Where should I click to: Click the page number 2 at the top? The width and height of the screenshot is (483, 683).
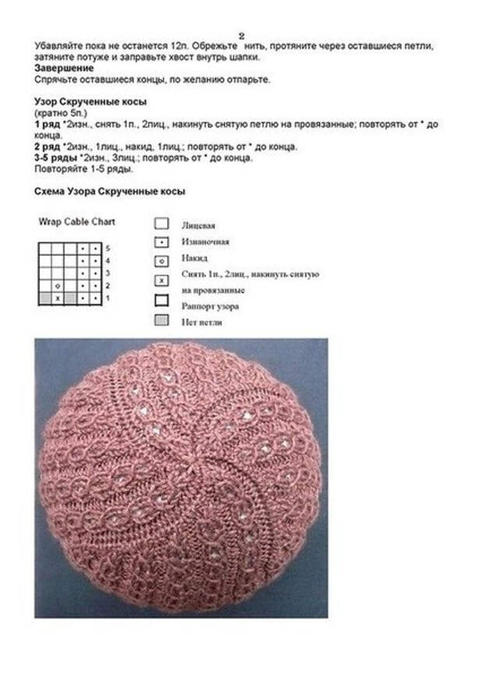click(x=241, y=35)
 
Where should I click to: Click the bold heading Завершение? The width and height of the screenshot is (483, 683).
click(x=64, y=68)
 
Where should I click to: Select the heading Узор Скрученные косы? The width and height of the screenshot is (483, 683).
click(x=91, y=102)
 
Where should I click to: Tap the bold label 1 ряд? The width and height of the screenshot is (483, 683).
click(x=48, y=125)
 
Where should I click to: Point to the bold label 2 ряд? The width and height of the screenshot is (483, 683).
click(x=48, y=146)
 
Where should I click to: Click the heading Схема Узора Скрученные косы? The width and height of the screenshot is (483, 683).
click(x=110, y=192)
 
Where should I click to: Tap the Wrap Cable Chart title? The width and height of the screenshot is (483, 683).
click(x=77, y=221)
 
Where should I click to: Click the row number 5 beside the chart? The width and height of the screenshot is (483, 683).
click(x=108, y=248)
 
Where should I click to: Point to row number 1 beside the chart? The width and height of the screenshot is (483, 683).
click(x=108, y=298)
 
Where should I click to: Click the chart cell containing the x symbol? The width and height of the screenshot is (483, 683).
click(x=57, y=298)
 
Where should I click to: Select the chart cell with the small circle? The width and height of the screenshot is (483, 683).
click(x=57, y=286)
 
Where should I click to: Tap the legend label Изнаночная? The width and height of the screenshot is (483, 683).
click(x=206, y=242)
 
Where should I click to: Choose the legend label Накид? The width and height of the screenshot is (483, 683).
click(x=194, y=259)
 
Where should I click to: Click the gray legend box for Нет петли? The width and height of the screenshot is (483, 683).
click(x=162, y=319)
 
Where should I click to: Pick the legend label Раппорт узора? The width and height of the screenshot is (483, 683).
click(x=210, y=306)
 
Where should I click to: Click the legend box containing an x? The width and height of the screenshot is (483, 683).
click(x=162, y=280)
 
